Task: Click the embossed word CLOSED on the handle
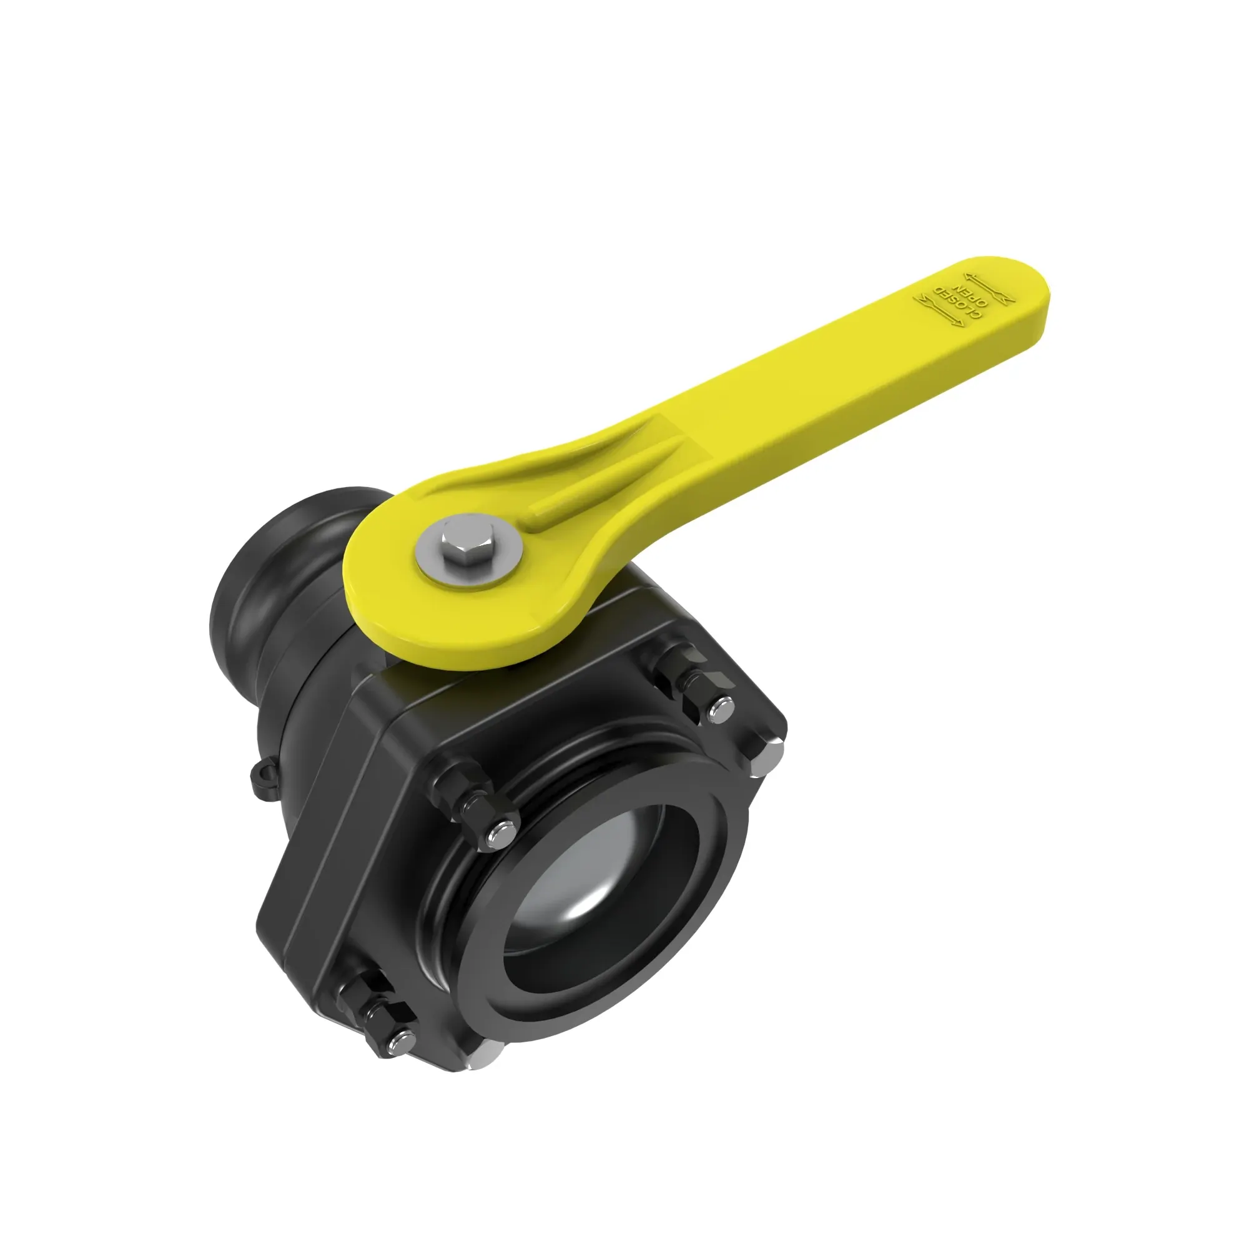click(x=956, y=304)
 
